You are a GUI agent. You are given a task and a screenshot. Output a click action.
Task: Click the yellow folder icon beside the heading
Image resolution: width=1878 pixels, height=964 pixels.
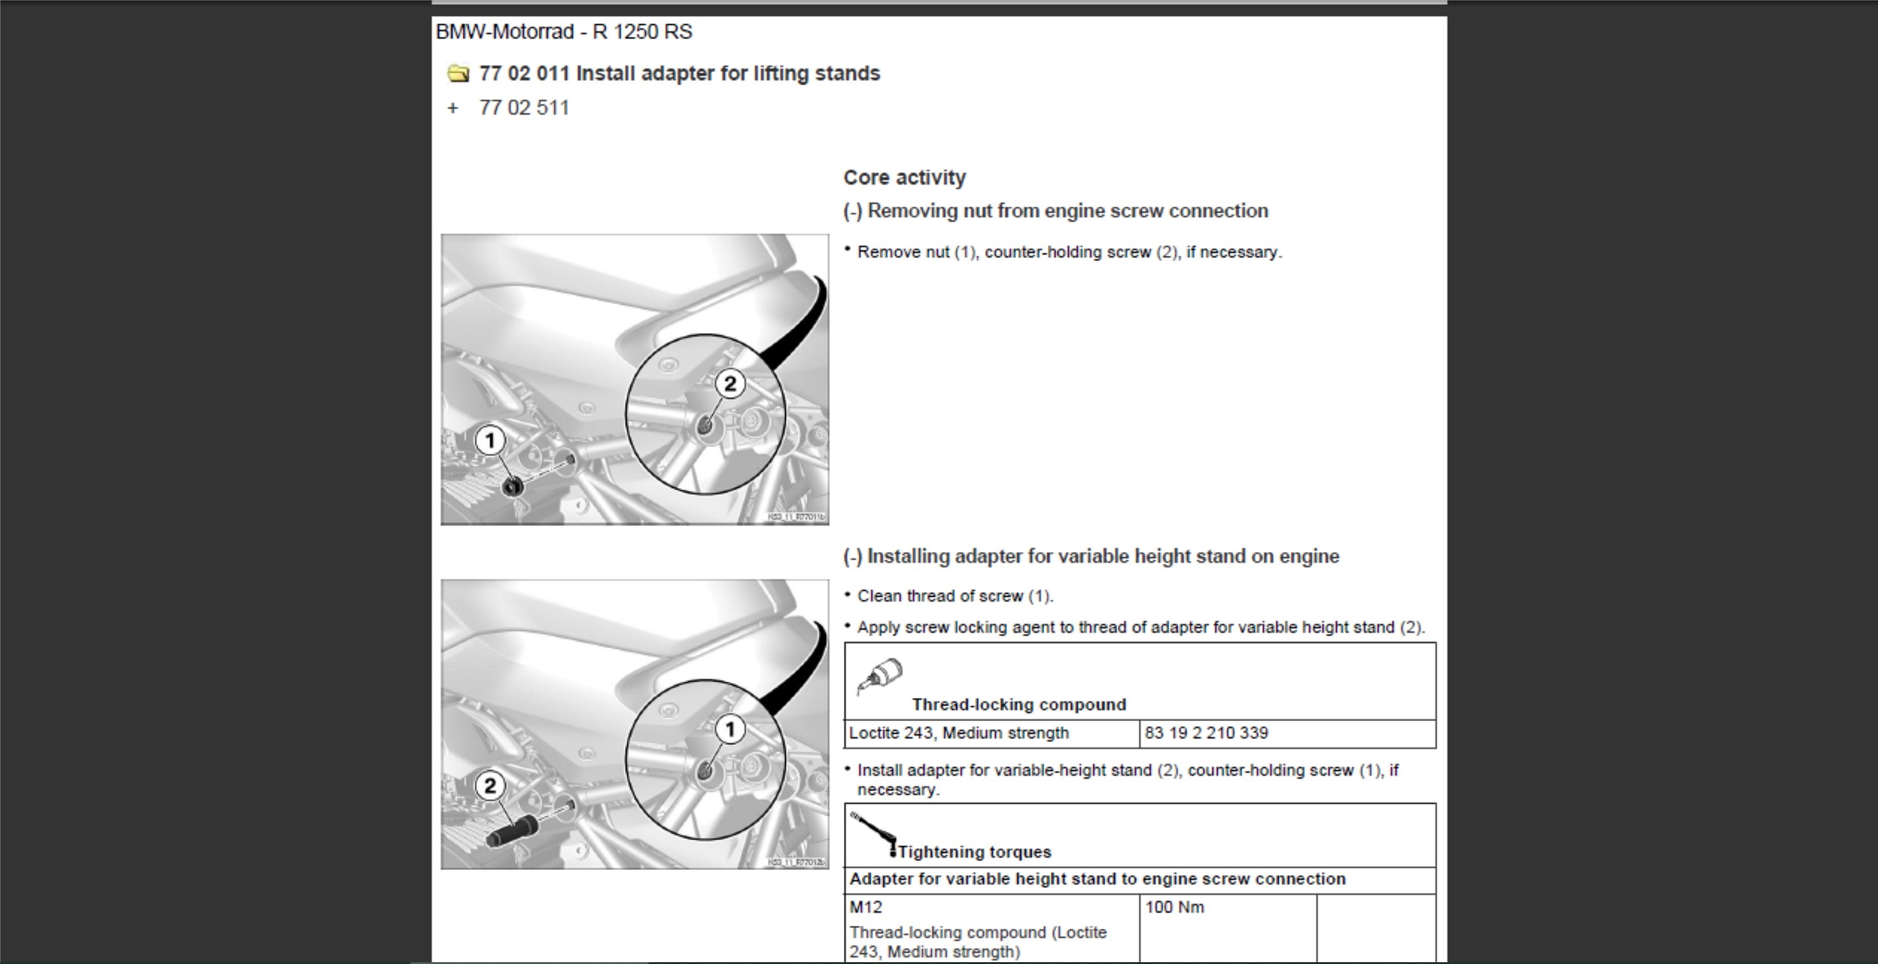458,74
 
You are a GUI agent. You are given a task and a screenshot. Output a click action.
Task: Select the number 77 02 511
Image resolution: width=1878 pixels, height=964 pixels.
523,108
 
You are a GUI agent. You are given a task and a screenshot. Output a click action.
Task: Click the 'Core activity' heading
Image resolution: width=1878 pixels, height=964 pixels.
904,177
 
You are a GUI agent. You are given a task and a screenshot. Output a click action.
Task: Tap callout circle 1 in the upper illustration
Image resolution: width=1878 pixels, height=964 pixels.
490,441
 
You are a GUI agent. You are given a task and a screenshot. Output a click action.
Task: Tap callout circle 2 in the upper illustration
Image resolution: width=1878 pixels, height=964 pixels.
730,384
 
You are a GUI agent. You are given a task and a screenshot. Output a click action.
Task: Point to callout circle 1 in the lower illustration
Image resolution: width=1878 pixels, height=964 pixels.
730,729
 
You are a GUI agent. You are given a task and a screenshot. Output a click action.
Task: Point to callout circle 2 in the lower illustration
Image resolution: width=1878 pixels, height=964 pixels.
490,786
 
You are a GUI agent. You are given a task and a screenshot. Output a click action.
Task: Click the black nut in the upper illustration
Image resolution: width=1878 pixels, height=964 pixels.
513,486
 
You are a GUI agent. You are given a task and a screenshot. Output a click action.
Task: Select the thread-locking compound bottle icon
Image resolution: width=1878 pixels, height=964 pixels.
880,676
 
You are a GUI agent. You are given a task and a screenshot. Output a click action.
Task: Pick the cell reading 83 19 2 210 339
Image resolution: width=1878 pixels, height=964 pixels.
1206,733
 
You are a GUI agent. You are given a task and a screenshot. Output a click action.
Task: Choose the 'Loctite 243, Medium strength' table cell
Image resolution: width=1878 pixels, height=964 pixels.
958,733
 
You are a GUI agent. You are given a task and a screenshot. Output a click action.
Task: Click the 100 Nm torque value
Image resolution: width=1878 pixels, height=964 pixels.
1174,907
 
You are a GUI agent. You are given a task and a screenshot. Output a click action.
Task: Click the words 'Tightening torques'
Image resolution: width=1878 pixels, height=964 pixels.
974,852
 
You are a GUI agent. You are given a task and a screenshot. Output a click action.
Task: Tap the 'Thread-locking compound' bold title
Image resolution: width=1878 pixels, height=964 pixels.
1019,704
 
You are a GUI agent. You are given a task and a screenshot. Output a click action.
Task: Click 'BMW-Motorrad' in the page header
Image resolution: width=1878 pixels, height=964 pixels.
505,32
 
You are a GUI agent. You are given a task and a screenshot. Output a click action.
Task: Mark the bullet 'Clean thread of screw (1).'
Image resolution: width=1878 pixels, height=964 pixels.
954,596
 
